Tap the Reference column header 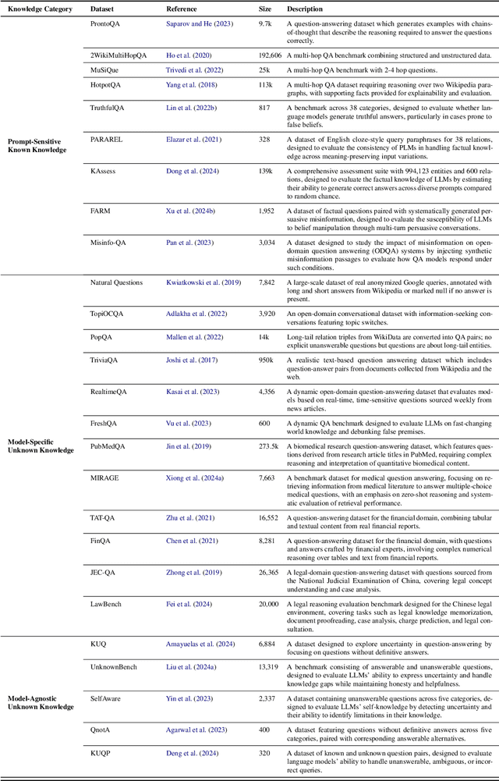click(182, 9)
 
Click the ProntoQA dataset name click(106, 25)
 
